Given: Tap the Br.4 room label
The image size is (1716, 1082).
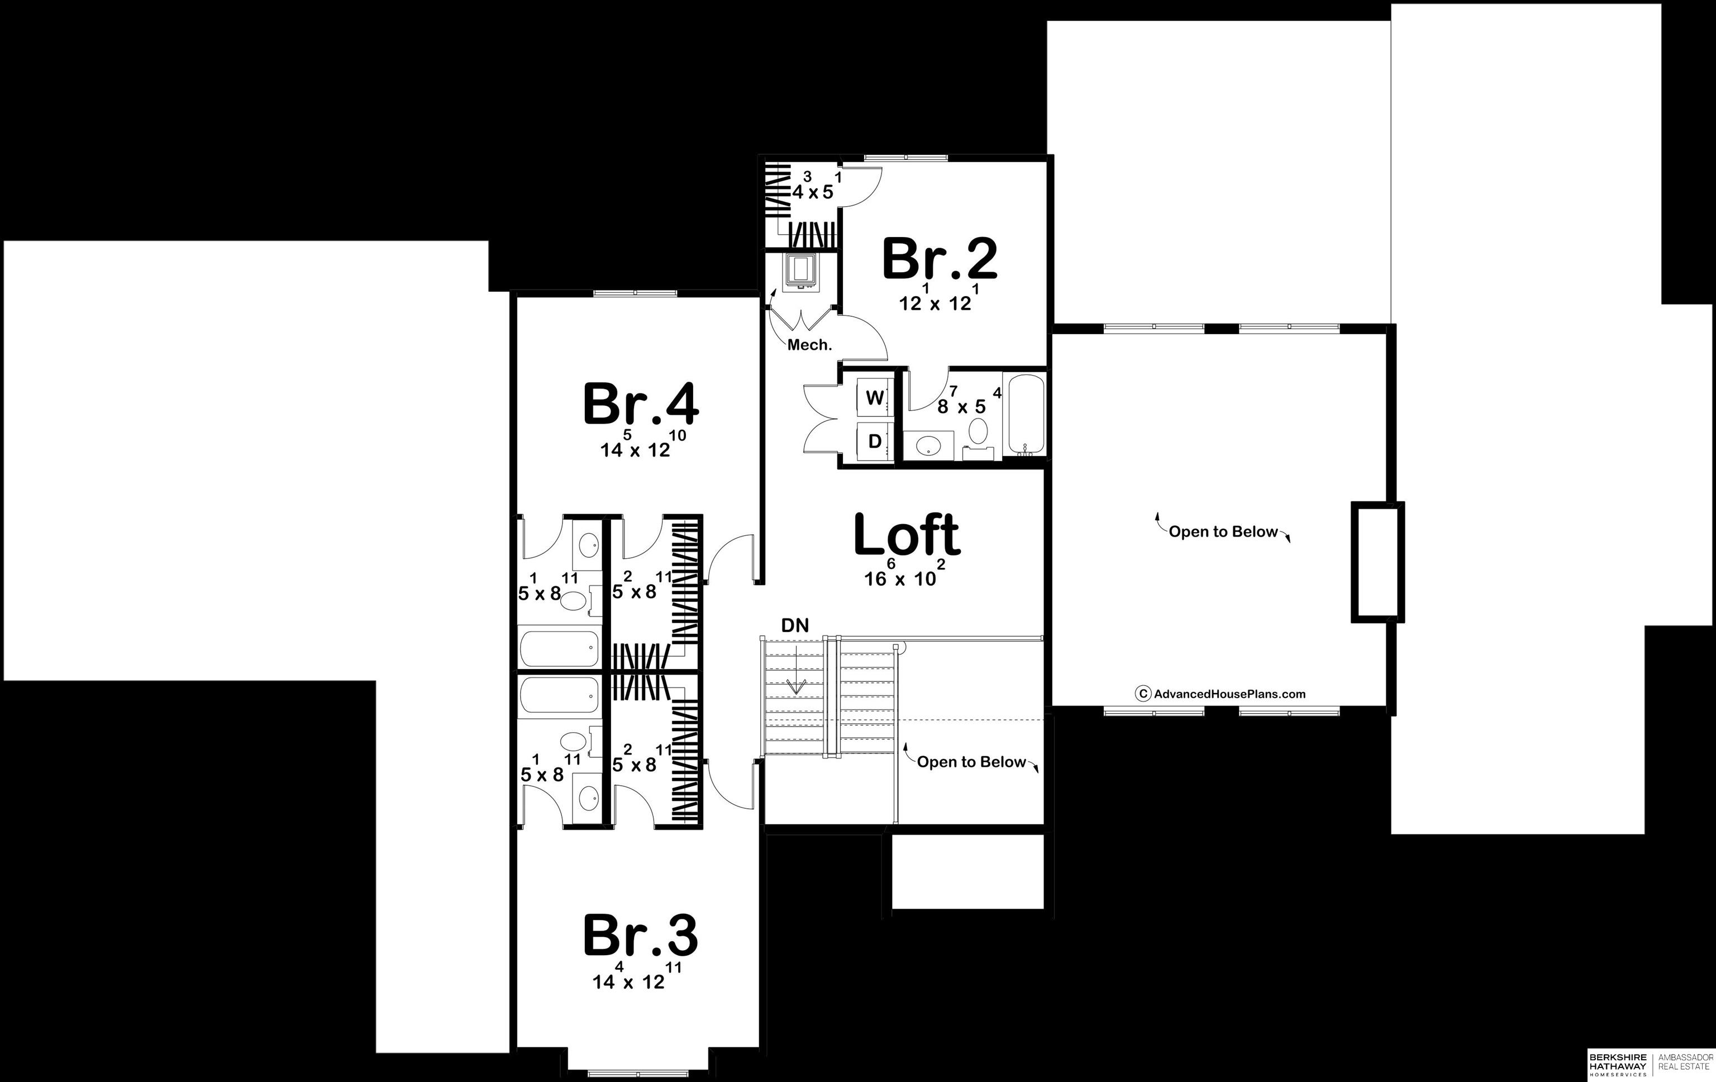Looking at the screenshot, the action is pos(641,404).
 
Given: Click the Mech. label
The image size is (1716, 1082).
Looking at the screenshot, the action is pos(809,345).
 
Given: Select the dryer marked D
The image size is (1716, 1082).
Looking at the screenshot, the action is pos(874,441).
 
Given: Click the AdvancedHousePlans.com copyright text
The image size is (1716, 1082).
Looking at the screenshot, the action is pos(1220,694).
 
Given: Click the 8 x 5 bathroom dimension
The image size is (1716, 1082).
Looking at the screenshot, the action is pos(969,401).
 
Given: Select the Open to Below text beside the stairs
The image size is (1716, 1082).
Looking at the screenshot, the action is pos(971,762).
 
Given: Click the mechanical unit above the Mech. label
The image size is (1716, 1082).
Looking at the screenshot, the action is pos(802,271).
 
